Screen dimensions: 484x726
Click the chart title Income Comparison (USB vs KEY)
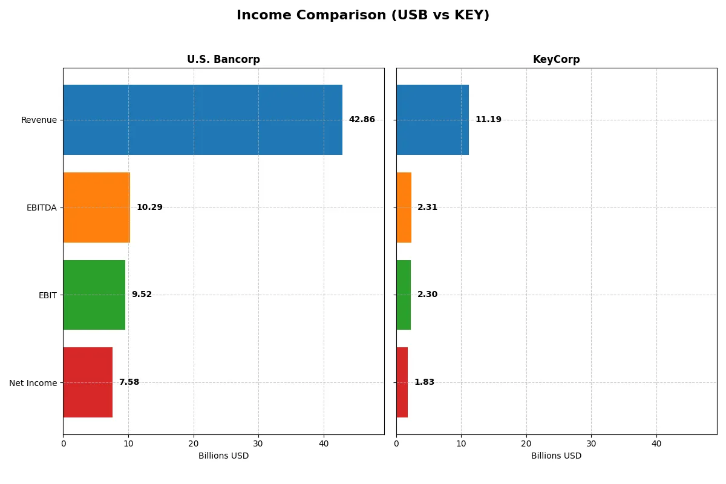pyautogui.click(x=363, y=16)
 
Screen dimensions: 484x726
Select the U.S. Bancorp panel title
pyautogui.click(x=223, y=60)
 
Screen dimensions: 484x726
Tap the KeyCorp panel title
pyautogui.click(x=556, y=60)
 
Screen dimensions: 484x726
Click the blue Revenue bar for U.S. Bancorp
pyautogui.click(x=203, y=120)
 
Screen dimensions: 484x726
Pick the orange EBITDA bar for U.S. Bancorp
pyautogui.click(x=96, y=208)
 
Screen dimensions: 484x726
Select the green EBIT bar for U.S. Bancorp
pyautogui.click(x=94, y=295)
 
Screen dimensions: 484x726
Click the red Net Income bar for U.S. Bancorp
pyautogui.click(x=88, y=382)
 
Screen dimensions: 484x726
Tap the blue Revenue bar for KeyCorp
pyautogui.click(x=433, y=120)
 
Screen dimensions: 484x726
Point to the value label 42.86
pyautogui.click(x=362, y=120)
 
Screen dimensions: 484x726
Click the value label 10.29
pyautogui.click(x=149, y=208)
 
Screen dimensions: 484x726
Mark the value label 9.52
pyautogui.click(x=142, y=295)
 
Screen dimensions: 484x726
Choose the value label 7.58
pyautogui.click(x=129, y=382)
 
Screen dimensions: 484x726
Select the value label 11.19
pyautogui.click(x=488, y=120)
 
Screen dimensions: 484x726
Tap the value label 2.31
pyautogui.click(x=427, y=208)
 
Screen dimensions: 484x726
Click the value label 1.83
pyautogui.click(x=424, y=382)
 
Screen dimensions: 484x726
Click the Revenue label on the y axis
pyautogui.click(x=39, y=120)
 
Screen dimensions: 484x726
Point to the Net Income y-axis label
pyautogui.click(x=33, y=382)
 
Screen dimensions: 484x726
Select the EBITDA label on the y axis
pyautogui.click(x=41, y=208)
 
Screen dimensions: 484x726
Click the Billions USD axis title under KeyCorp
pyautogui.click(x=556, y=456)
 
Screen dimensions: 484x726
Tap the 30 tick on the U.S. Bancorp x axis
pyautogui.click(x=258, y=443)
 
